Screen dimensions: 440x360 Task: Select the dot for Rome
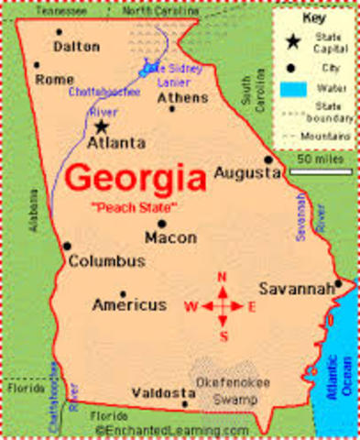[37, 65]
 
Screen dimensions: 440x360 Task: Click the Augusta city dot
[268, 159]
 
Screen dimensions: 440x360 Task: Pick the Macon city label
[170, 237]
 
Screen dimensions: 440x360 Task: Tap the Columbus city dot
[67, 245]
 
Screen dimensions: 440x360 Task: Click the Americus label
[130, 304]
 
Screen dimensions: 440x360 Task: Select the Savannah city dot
[337, 283]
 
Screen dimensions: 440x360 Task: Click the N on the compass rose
[221, 276]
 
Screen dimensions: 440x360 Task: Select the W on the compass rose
[191, 307]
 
